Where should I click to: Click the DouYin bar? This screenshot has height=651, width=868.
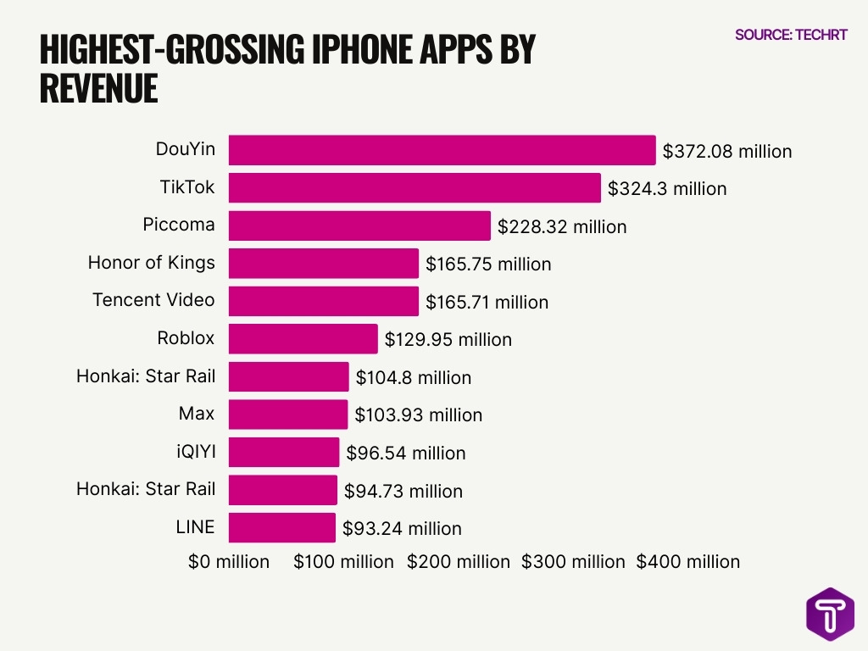tap(442, 150)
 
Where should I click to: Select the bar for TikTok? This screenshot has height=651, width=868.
tap(415, 188)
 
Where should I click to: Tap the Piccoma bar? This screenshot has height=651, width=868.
tap(359, 226)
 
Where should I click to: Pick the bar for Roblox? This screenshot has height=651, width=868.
tap(303, 339)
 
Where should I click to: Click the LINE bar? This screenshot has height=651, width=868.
tap(281, 528)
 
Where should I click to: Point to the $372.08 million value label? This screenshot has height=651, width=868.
tap(727, 152)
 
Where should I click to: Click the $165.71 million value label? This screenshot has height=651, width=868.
tap(487, 302)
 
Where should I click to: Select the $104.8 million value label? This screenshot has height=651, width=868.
tap(413, 378)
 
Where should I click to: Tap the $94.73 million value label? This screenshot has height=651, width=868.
tap(403, 491)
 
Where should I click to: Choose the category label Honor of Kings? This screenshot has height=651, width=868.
tap(151, 263)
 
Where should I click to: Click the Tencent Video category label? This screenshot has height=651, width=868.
tap(153, 300)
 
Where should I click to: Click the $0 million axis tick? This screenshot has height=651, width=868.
tap(229, 562)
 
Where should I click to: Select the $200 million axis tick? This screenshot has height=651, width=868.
tap(459, 562)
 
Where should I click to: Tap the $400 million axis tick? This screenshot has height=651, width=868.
tap(687, 562)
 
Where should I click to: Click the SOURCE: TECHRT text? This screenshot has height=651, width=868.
tap(791, 35)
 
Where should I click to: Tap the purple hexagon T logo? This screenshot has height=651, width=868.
tap(830, 613)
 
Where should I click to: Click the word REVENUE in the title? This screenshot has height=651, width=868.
tap(98, 88)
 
